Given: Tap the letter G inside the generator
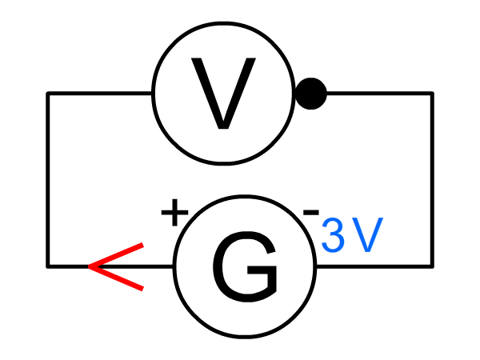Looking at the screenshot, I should coord(245,266).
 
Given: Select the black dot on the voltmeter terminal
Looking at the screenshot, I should coord(310,94).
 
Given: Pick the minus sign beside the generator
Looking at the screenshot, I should coord(311,213).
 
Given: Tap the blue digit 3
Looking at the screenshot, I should coord(334,236).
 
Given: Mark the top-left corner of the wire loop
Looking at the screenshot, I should coord(48,94).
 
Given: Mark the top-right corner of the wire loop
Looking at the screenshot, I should coord(433,94).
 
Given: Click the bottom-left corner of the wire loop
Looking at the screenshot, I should coord(48,266).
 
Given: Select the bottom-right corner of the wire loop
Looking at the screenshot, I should coord(433,266).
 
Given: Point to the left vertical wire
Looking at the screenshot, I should coord(48,180).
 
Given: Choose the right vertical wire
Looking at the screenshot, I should coord(433,180).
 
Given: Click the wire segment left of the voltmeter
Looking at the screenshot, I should coord(100,94).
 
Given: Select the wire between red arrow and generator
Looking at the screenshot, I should coord(158,266).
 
